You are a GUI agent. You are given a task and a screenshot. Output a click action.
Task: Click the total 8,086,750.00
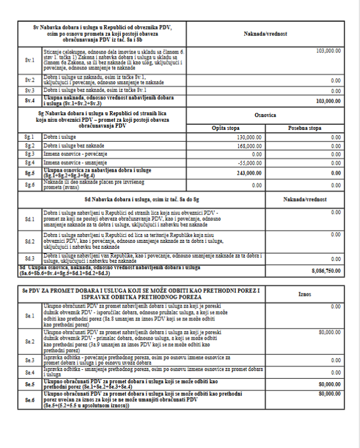327,270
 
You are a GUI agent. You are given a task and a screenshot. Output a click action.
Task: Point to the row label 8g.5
27,173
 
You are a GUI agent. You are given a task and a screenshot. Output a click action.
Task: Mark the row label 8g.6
27,185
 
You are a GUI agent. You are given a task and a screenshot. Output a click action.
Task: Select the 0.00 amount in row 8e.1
335,306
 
